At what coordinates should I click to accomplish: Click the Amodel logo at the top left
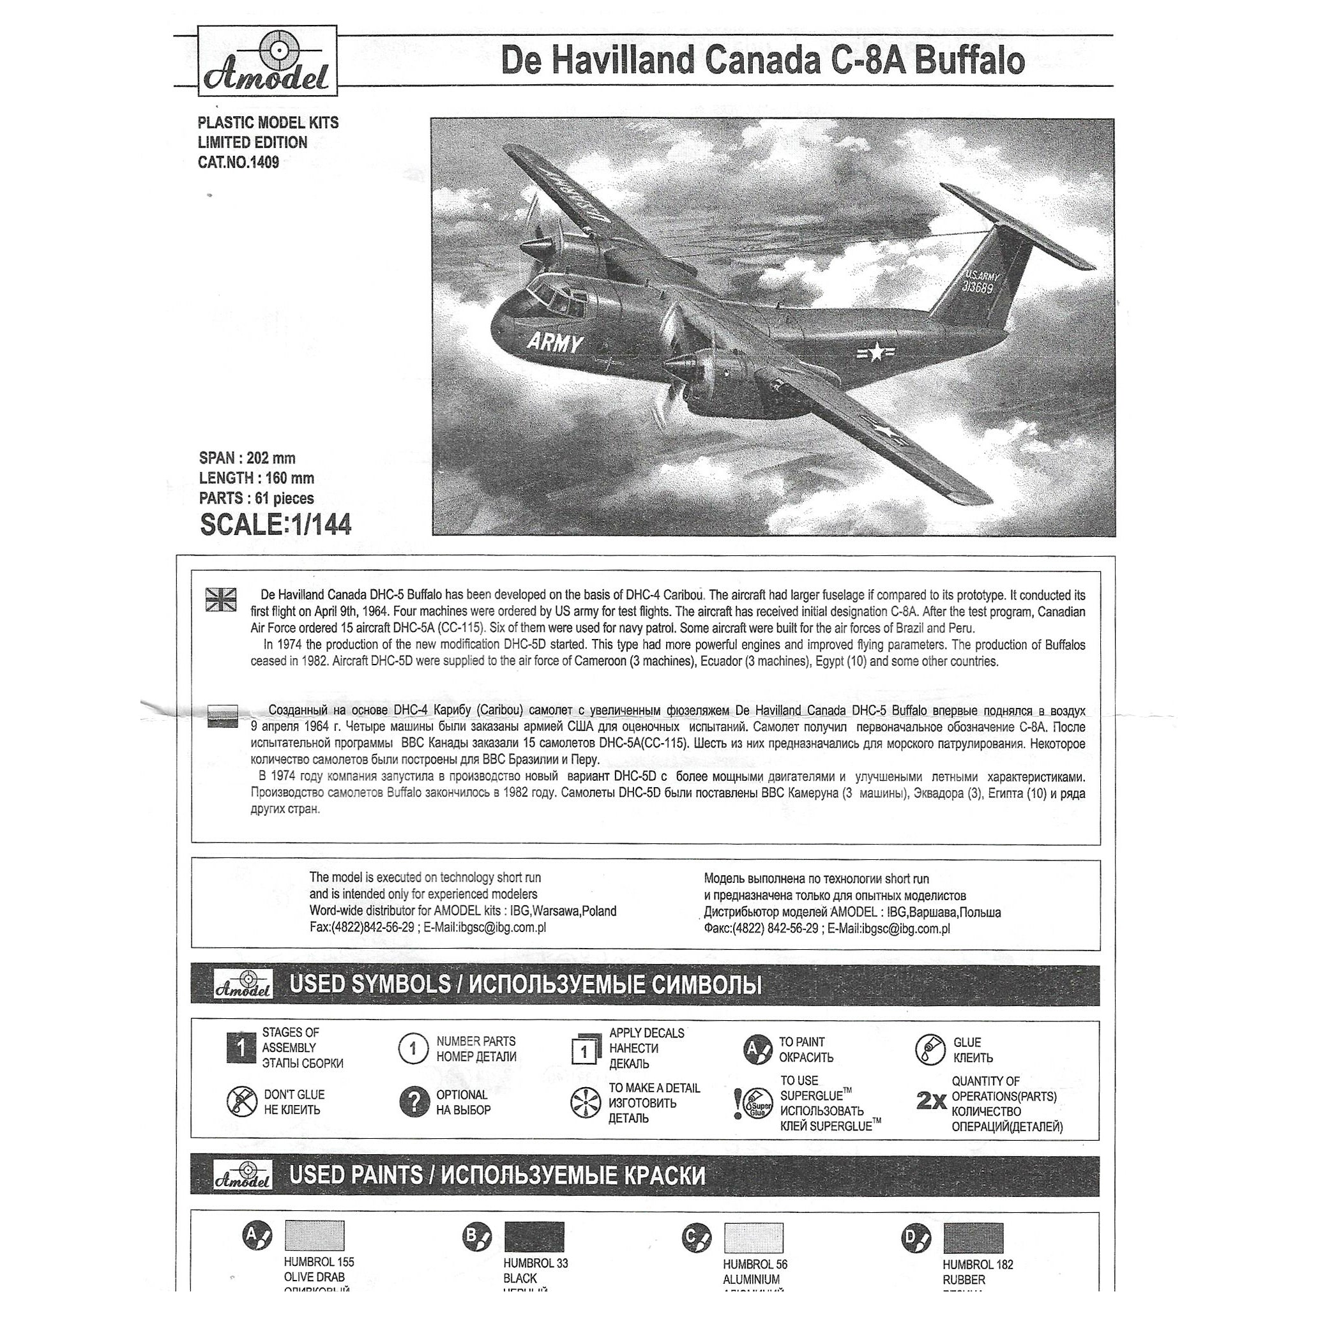coord(267,61)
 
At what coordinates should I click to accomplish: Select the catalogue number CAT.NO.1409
coord(238,162)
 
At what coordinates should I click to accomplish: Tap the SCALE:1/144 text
coord(276,525)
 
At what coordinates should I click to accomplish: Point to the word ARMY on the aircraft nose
coord(556,343)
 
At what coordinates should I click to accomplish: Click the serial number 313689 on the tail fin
coord(978,288)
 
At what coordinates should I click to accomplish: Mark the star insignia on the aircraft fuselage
coord(875,352)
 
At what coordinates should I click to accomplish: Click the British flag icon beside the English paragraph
coord(221,599)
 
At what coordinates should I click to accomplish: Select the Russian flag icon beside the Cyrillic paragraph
coord(222,716)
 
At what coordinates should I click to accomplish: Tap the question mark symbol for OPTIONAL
coord(413,1101)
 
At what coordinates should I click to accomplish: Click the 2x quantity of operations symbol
coord(931,1100)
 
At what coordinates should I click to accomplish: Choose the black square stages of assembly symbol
coord(241,1048)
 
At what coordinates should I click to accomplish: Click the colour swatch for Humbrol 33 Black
coord(534,1237)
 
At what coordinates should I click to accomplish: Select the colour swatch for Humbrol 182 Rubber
coord(973,1238)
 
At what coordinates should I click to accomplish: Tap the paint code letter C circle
coord(695,1237)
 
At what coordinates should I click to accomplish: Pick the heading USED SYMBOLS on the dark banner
coord(369,985)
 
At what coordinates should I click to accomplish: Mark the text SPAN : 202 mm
coord(247,458)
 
